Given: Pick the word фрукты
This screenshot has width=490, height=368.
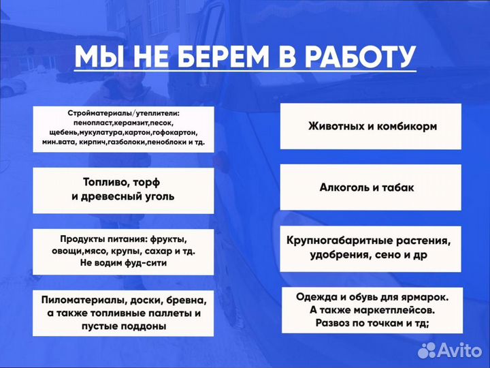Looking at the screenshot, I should coord(166,239).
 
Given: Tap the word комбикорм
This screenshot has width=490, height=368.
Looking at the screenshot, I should coord(406,127).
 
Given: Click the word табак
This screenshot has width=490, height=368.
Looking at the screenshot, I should coord(399,187).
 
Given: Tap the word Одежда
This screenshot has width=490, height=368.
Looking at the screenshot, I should coord(318,297).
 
